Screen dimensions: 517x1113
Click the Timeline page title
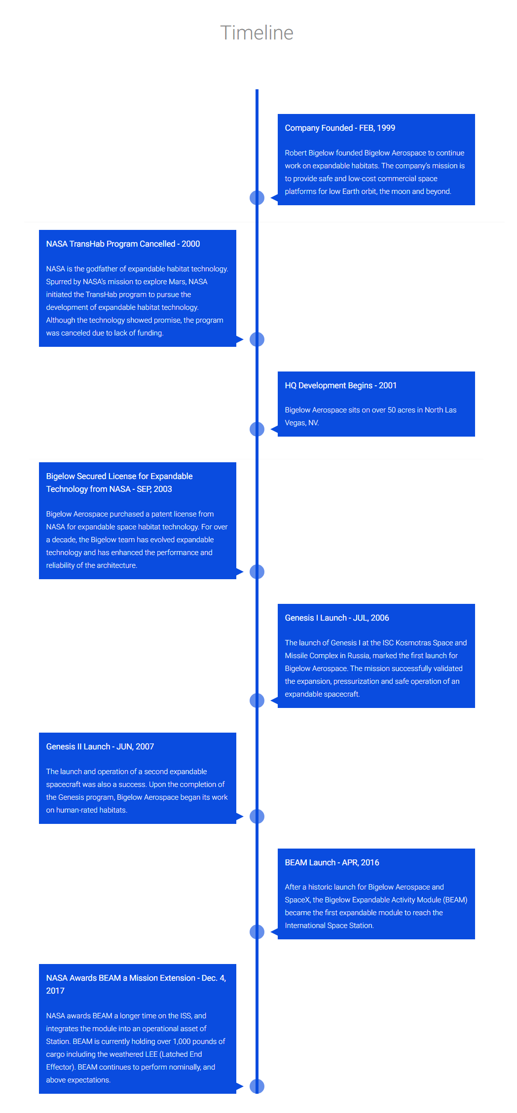pos(257,33)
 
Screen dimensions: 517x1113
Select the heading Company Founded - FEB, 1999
pos(340,128)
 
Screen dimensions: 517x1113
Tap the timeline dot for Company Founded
pos(257,198)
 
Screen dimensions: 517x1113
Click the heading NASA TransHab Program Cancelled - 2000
pos(123,244)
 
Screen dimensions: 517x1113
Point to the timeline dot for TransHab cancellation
pos(257,339)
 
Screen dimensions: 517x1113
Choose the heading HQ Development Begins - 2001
pos(341,385)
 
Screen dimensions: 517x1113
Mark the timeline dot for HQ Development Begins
pos(257,429)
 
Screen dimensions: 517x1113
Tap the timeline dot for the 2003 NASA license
pos(257,572)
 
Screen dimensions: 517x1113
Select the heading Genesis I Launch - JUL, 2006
pos(337,618)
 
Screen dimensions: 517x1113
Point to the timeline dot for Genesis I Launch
pos(257,701)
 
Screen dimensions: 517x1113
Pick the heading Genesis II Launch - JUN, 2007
pos(100,746)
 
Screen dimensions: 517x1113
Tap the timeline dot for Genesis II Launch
pos(257,816)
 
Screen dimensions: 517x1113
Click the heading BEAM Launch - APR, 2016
pos(332,862)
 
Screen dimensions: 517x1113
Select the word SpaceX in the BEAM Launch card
pos(297,900)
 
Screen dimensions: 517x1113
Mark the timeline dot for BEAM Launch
pos(257,932)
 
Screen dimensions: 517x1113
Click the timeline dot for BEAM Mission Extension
pos(257,1086)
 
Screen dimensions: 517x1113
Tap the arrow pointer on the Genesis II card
pos(240,816)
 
